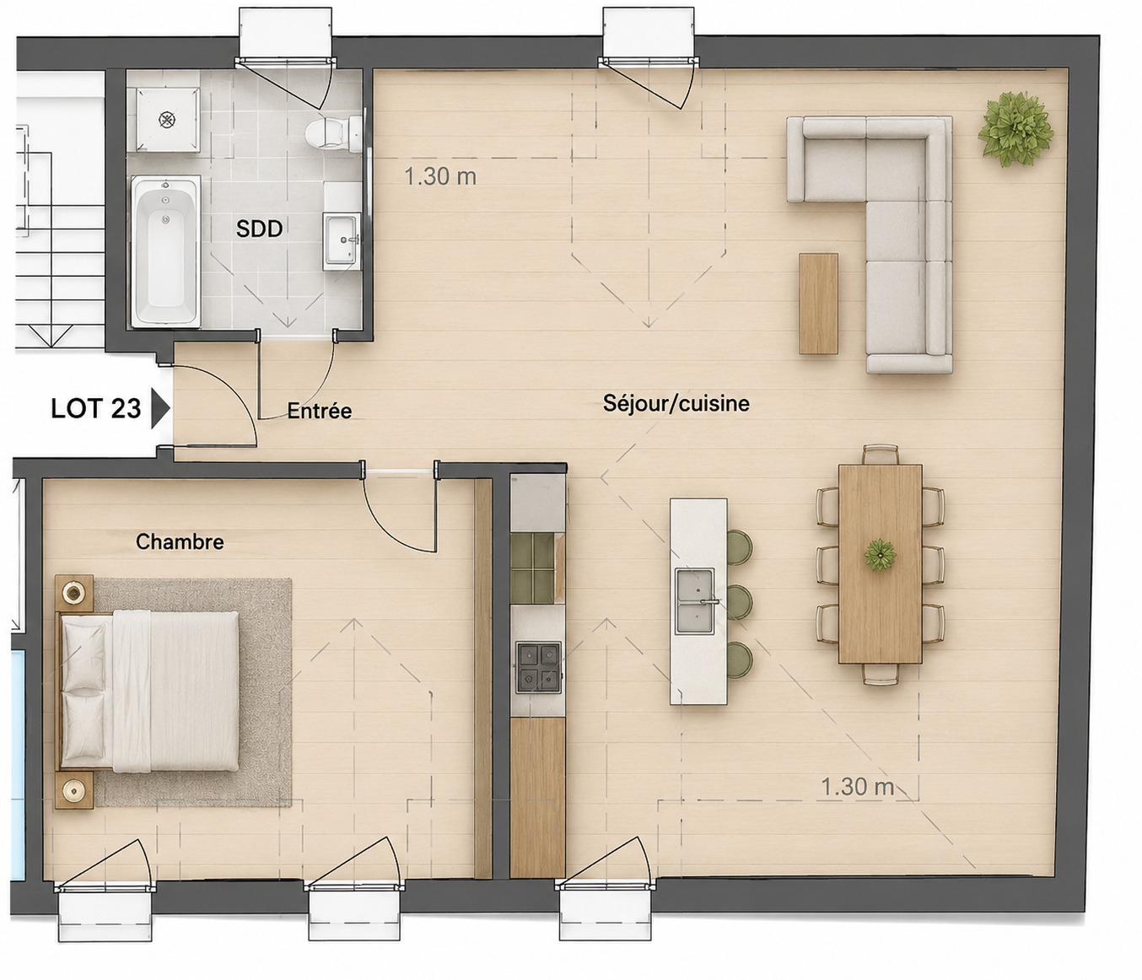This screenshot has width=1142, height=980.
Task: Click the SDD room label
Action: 259,229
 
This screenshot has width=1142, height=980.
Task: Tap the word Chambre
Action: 180,542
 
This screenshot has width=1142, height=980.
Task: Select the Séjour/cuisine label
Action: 676,403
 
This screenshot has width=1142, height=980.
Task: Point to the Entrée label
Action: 320,411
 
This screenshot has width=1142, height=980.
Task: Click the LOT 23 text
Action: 96,409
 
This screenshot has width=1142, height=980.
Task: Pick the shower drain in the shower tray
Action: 167,119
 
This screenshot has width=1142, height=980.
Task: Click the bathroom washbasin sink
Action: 342,240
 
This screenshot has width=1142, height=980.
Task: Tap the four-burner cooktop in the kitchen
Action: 537,667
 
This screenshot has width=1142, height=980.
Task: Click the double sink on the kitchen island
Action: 694,601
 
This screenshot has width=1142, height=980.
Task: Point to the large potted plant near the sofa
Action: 1015,129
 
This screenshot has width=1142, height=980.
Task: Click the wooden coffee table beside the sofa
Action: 818,304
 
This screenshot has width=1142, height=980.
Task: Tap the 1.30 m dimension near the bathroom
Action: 440,177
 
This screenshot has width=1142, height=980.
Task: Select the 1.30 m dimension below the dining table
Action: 857,787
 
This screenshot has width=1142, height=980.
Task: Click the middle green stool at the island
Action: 740,601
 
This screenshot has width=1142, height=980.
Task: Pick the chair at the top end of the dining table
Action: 880,455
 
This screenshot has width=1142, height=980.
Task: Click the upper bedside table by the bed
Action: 74,593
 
